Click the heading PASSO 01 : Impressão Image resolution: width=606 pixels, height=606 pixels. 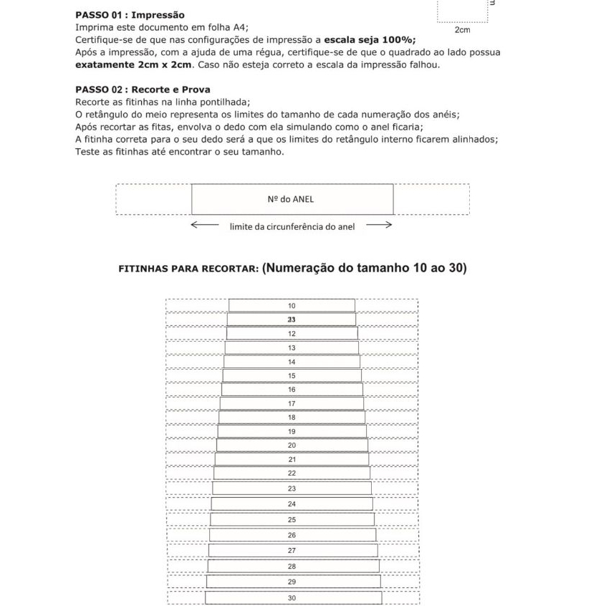pyautogui.click(x=130, y=15)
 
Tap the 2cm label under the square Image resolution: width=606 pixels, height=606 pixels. pyautogui.click(x=463, y=30)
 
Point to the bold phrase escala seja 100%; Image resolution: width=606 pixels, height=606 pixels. pyautogui.click(x=370, y=39)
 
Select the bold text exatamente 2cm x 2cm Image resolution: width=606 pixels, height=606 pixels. pyautogui.click(x=134, y=64)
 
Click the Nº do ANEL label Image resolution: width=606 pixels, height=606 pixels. pyautogui.click(x=292, y=200)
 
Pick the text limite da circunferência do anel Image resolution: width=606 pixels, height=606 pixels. pyautogui.click(x=292, y=227)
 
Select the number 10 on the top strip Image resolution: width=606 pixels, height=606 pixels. pyautogui.click(x=292, y=306)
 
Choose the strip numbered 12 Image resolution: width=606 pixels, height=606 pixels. pyautogui.click(x=292, y=334)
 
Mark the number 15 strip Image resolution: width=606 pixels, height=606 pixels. pyautogui.click(x=292, y=375)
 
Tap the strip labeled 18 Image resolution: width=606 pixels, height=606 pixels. pyautogui.click(x=292, y=417)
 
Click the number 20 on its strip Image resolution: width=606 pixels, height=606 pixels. pyautogui.click(x=292, y=445)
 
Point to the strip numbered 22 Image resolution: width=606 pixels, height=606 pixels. pyautogui.click(x=292, y=473)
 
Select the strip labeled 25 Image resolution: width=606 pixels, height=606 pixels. pyautogui.click(x=292, y=519)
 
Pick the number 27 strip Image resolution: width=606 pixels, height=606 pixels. pyautogui.click(x=292, y=550)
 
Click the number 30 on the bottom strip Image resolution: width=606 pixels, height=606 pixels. pyautogui.click(x=292, y=597)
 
